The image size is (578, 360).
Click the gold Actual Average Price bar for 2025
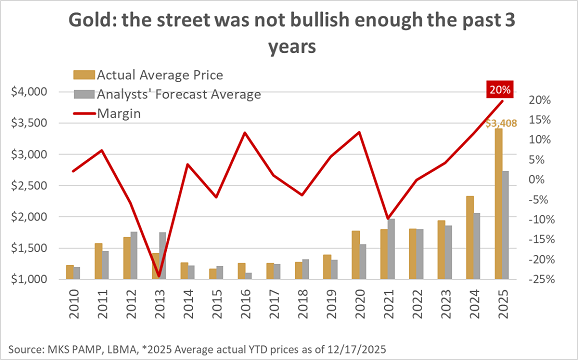(498, 205)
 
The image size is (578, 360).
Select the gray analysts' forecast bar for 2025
(507, 226)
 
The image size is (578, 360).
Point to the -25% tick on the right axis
(540, 279)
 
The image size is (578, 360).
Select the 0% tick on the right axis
(536, 180)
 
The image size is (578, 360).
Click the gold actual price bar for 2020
(354, 255)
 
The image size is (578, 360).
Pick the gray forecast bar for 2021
(392, 249)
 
